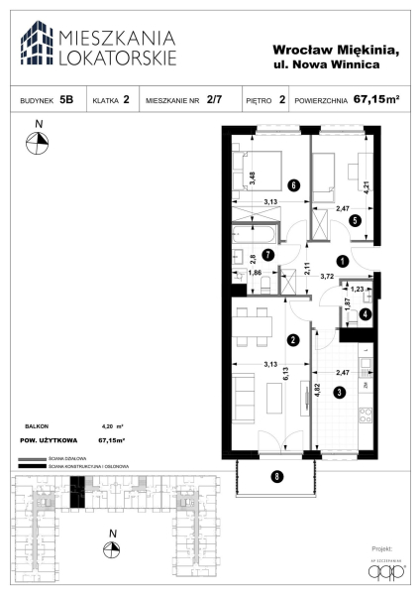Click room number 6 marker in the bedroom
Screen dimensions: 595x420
pyautogui.click(x=293, y=184)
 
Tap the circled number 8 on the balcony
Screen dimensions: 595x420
pyautogui.click(x=276, y=476)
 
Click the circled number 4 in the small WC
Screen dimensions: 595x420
pyautogui.click(x=356, y=222)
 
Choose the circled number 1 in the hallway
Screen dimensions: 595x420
pyautogui.click(x=341, y=262)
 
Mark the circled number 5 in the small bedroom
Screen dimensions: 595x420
pyautogui.click(x=356, y=222)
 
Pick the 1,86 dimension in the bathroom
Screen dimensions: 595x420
pyautogui.click(x=255, y=271)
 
